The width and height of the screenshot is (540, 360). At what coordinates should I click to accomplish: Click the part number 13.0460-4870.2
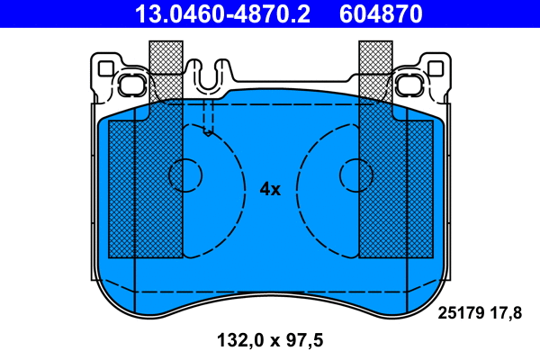[223, 13]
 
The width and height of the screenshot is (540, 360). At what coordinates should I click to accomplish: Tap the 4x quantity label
[270, 189]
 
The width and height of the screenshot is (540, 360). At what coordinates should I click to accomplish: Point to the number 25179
[459, 313]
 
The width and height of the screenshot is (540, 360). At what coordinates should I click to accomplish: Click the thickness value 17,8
[506, 313]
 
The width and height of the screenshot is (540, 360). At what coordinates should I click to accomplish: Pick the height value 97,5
[302, 340]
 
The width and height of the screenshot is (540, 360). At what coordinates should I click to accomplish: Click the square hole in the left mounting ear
[105, 67]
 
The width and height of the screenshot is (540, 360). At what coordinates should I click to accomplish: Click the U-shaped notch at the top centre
[210, 76]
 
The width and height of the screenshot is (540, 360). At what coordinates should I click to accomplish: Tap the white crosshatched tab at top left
[165, 58]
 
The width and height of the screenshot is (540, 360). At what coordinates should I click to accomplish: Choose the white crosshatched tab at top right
[375, 58]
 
